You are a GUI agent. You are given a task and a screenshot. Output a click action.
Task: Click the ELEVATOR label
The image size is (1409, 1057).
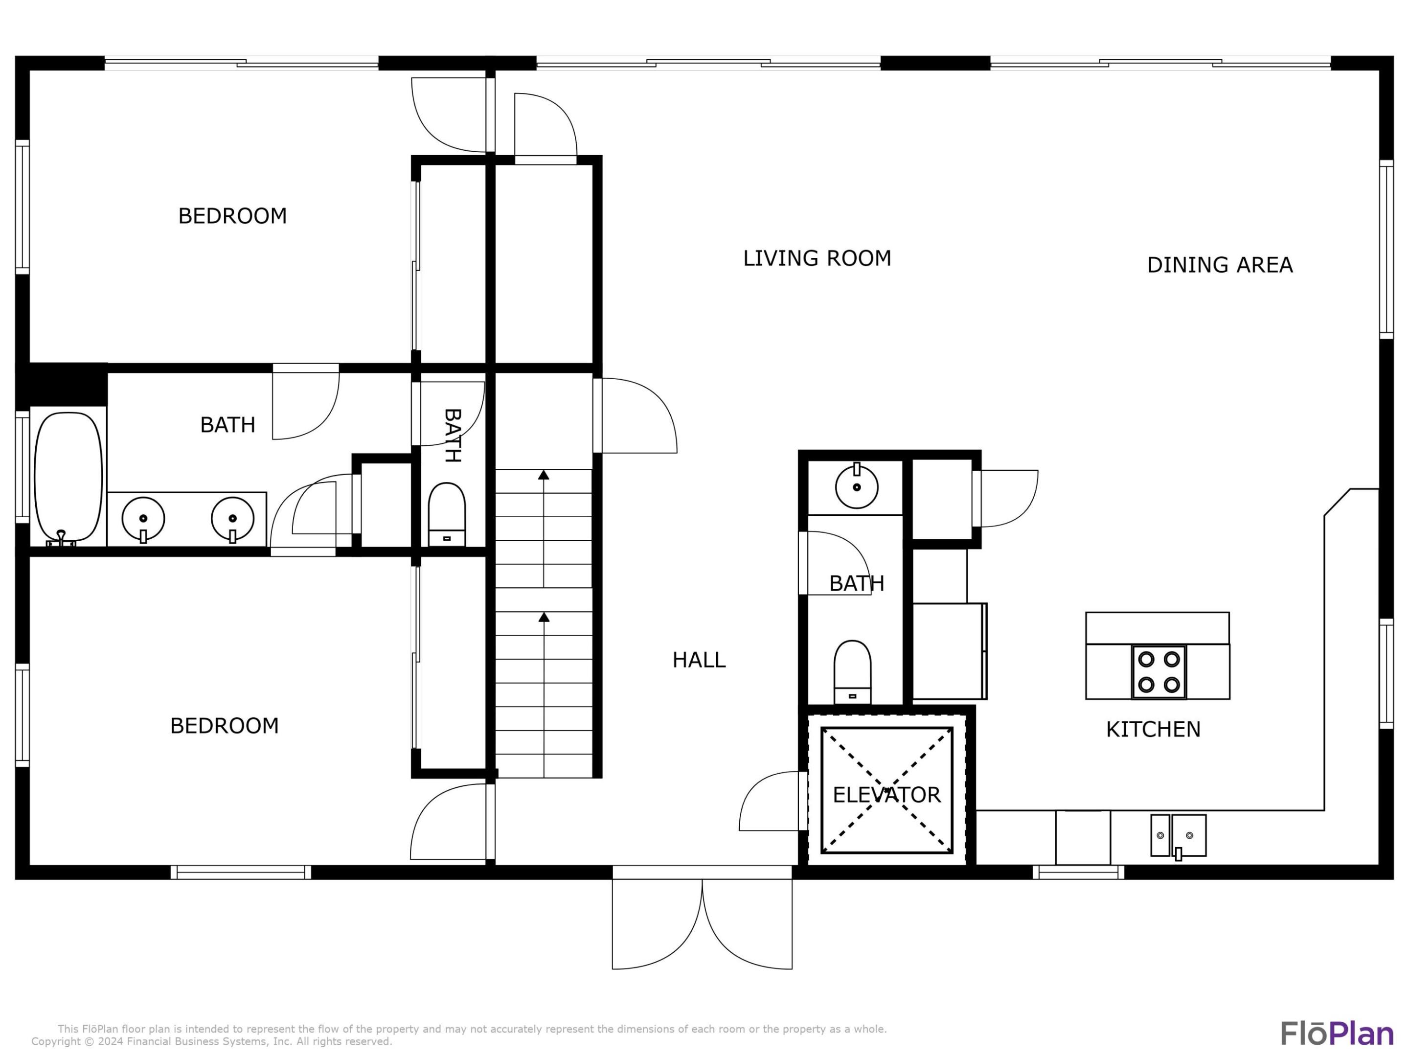[x=886, y=795]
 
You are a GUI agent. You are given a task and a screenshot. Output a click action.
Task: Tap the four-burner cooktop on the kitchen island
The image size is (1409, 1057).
[x=1158, y=671]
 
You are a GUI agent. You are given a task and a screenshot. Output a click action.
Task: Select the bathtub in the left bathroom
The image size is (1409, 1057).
[x=68, y=477]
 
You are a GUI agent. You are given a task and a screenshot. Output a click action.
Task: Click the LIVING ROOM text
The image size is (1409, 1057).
[x=817, y=258]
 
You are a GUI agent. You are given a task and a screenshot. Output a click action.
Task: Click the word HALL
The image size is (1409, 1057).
[x=699, y=660]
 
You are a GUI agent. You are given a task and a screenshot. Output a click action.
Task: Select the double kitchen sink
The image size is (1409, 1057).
[x=1177, y=835]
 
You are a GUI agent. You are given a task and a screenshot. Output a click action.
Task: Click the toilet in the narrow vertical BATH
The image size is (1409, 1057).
[x=447, y=513]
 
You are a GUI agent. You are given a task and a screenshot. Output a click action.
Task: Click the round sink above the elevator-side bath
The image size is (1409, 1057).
[x=856, y=487]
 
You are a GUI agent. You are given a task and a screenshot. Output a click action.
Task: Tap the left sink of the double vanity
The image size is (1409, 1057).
[x=143, y=518]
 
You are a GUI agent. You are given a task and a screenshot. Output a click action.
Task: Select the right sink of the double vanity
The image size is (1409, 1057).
[x=232, y=518]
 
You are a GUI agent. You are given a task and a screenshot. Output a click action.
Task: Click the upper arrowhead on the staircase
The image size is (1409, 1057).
[x=544, y=475]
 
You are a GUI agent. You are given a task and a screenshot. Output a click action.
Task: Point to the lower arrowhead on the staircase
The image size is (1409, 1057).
[x=544, y=617]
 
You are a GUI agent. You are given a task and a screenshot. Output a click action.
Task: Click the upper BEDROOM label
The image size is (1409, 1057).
[x=232, y=216]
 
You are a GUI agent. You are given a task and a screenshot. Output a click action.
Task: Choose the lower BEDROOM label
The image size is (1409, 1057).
[x=224, y=725]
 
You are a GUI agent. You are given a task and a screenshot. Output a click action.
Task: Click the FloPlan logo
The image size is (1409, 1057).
[x=1337, y=1034]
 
